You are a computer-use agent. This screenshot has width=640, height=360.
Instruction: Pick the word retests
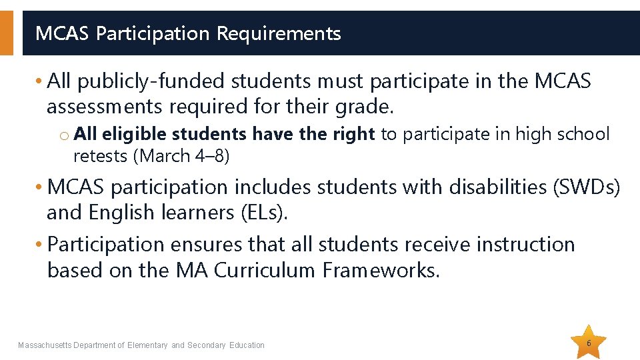101,156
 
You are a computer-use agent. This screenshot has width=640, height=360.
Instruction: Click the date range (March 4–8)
181,156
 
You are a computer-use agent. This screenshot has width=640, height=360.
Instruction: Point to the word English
127,213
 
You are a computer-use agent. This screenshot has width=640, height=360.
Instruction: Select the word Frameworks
381,270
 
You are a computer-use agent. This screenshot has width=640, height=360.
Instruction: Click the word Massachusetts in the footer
45,345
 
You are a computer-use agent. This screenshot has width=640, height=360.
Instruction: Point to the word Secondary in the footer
207,345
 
